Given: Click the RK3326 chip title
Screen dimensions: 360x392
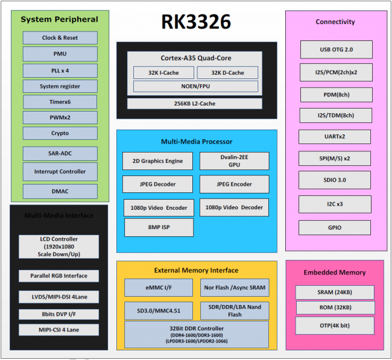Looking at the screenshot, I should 196,22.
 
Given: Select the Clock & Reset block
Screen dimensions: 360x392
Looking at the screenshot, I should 60,37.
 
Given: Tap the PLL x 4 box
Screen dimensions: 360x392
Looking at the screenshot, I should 60,70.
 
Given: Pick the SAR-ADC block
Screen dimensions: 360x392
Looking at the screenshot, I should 60,153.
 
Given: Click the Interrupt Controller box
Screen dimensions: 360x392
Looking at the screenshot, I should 60,171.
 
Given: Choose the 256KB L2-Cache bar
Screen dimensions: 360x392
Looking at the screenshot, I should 195,103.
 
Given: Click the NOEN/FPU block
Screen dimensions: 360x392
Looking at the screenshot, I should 195,86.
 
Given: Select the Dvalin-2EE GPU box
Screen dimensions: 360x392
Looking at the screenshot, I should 234,160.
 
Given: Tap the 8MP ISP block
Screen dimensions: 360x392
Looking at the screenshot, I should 159,227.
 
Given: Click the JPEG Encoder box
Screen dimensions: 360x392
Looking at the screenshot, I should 234,184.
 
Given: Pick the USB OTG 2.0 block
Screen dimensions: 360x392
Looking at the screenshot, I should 336,49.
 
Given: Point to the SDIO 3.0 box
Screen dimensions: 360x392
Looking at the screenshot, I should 336,180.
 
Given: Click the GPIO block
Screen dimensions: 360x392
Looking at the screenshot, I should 336,227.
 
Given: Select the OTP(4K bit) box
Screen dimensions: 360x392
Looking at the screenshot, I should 335,325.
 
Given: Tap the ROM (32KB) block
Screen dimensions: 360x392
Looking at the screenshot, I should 335,308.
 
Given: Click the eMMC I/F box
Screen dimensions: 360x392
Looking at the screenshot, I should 159,288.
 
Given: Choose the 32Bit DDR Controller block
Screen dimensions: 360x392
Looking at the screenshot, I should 195,333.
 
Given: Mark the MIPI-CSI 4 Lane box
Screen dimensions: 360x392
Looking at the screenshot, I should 58,330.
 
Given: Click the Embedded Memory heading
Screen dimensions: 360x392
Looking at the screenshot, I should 335,273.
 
